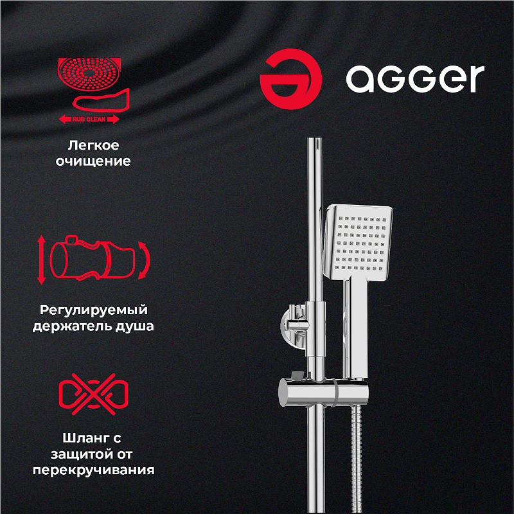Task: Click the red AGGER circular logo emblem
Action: click(x=291, y=78)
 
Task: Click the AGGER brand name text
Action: click(x=415, y=78)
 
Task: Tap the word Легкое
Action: click(x=96, y=145)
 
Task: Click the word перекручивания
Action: click(x=94, y=470)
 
